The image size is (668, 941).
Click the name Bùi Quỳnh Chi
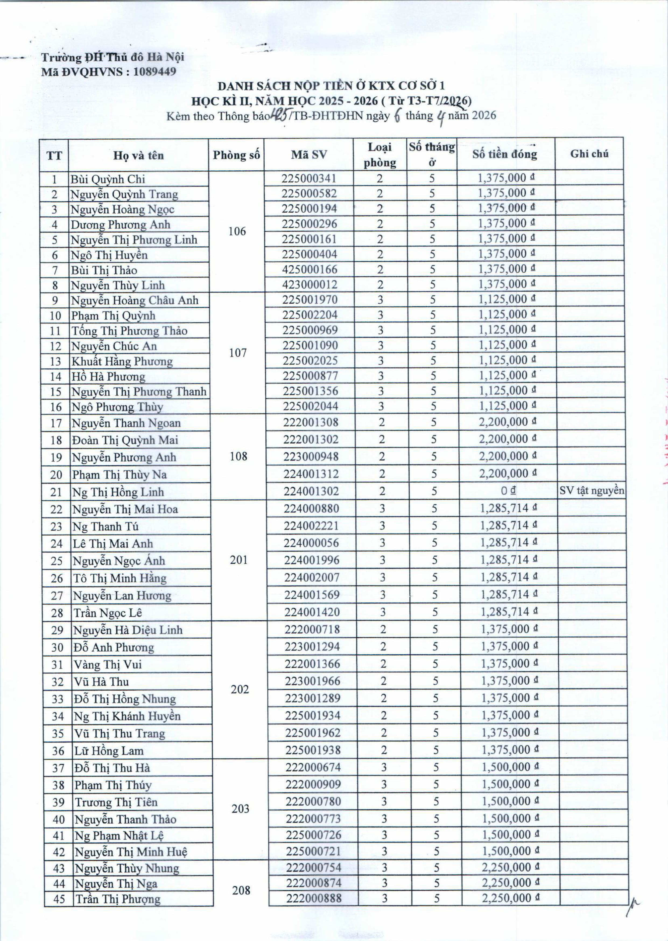[x=108, y=179]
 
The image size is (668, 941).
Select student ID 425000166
[x=309, y=269]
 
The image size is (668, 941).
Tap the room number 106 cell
[x=237, y=231]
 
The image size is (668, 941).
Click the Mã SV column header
[x=309, y=155]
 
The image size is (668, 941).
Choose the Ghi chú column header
[x=589, y=154]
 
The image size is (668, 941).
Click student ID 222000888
[x=314, y=898]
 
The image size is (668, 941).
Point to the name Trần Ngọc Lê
[x=107, y=613]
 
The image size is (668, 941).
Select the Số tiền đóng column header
[x=505, y=154]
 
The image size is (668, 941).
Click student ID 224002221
[x=311, y=526]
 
